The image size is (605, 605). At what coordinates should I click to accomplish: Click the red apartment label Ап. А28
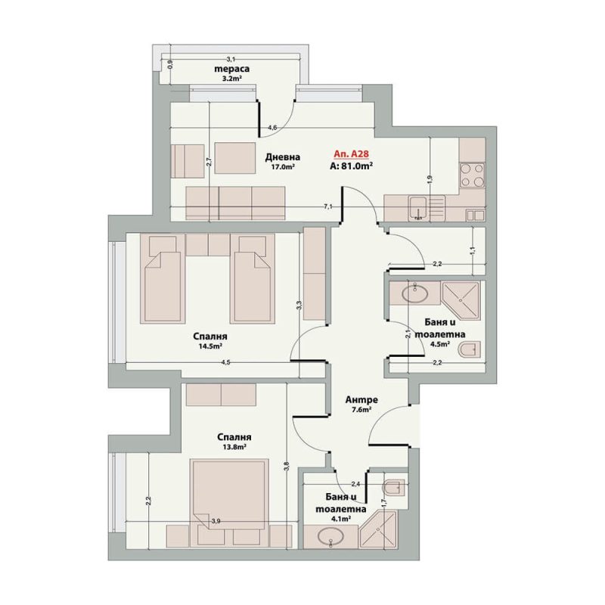click(x=351, y=154)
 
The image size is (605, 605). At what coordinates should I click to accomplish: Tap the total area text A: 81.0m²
click(x=351, y=166)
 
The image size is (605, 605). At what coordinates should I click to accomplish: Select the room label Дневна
click(x=282, y=157)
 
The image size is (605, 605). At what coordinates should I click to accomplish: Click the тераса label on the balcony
click(x=231, y=69)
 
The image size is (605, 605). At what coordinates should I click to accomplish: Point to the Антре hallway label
click(x=361, y=400)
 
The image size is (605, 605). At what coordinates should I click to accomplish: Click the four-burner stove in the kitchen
click(x=473, y=175)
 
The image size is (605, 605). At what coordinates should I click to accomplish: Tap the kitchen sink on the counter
click(x=418, y=208)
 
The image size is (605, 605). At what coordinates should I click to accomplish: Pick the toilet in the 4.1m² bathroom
click(x=393, y=488)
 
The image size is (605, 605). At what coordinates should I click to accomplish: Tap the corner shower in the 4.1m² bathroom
click(x=377, y=529)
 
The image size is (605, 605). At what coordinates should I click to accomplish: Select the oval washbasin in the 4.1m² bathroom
click(x=330, y=536)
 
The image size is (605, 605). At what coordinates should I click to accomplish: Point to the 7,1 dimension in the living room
click(x=328, y=206)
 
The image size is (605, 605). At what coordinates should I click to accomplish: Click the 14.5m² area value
click(x=210, y=346)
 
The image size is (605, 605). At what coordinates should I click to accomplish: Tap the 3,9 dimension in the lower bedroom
click(x=216, y=521)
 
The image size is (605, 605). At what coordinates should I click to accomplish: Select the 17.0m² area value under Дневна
click(x=283, y=167)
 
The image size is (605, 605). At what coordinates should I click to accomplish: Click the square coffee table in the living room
click(x=235, y=158)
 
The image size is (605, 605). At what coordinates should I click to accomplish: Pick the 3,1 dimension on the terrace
click(x=231, y=59)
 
